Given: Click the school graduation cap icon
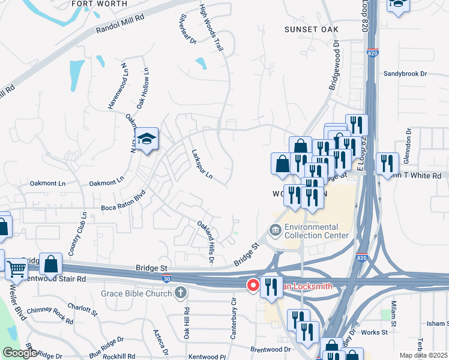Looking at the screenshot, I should (146, 139).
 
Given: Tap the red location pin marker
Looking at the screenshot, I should (253, 284).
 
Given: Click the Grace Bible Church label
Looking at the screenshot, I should (137, 293).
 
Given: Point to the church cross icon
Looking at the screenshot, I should (179, 293).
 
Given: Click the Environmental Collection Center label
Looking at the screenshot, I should (316, 231).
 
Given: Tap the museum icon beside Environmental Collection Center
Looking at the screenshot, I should (275, 230).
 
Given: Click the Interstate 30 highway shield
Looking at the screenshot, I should (166, 278).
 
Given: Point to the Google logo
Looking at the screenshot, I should (20, 353).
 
